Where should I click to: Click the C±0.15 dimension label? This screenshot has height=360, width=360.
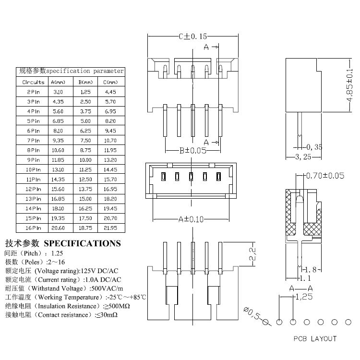(192, 36)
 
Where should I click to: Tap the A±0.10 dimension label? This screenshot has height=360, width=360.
(191, 219)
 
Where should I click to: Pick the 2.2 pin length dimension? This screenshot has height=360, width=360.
(252, 255)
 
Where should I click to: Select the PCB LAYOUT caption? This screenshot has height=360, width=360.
(315, 339)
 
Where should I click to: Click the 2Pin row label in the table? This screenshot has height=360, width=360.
(33, 91)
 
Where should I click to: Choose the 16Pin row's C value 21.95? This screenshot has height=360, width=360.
(110, 228)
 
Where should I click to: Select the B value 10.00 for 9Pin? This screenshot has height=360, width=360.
(85, 160)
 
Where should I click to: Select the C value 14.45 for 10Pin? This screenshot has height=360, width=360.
(110, 169)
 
